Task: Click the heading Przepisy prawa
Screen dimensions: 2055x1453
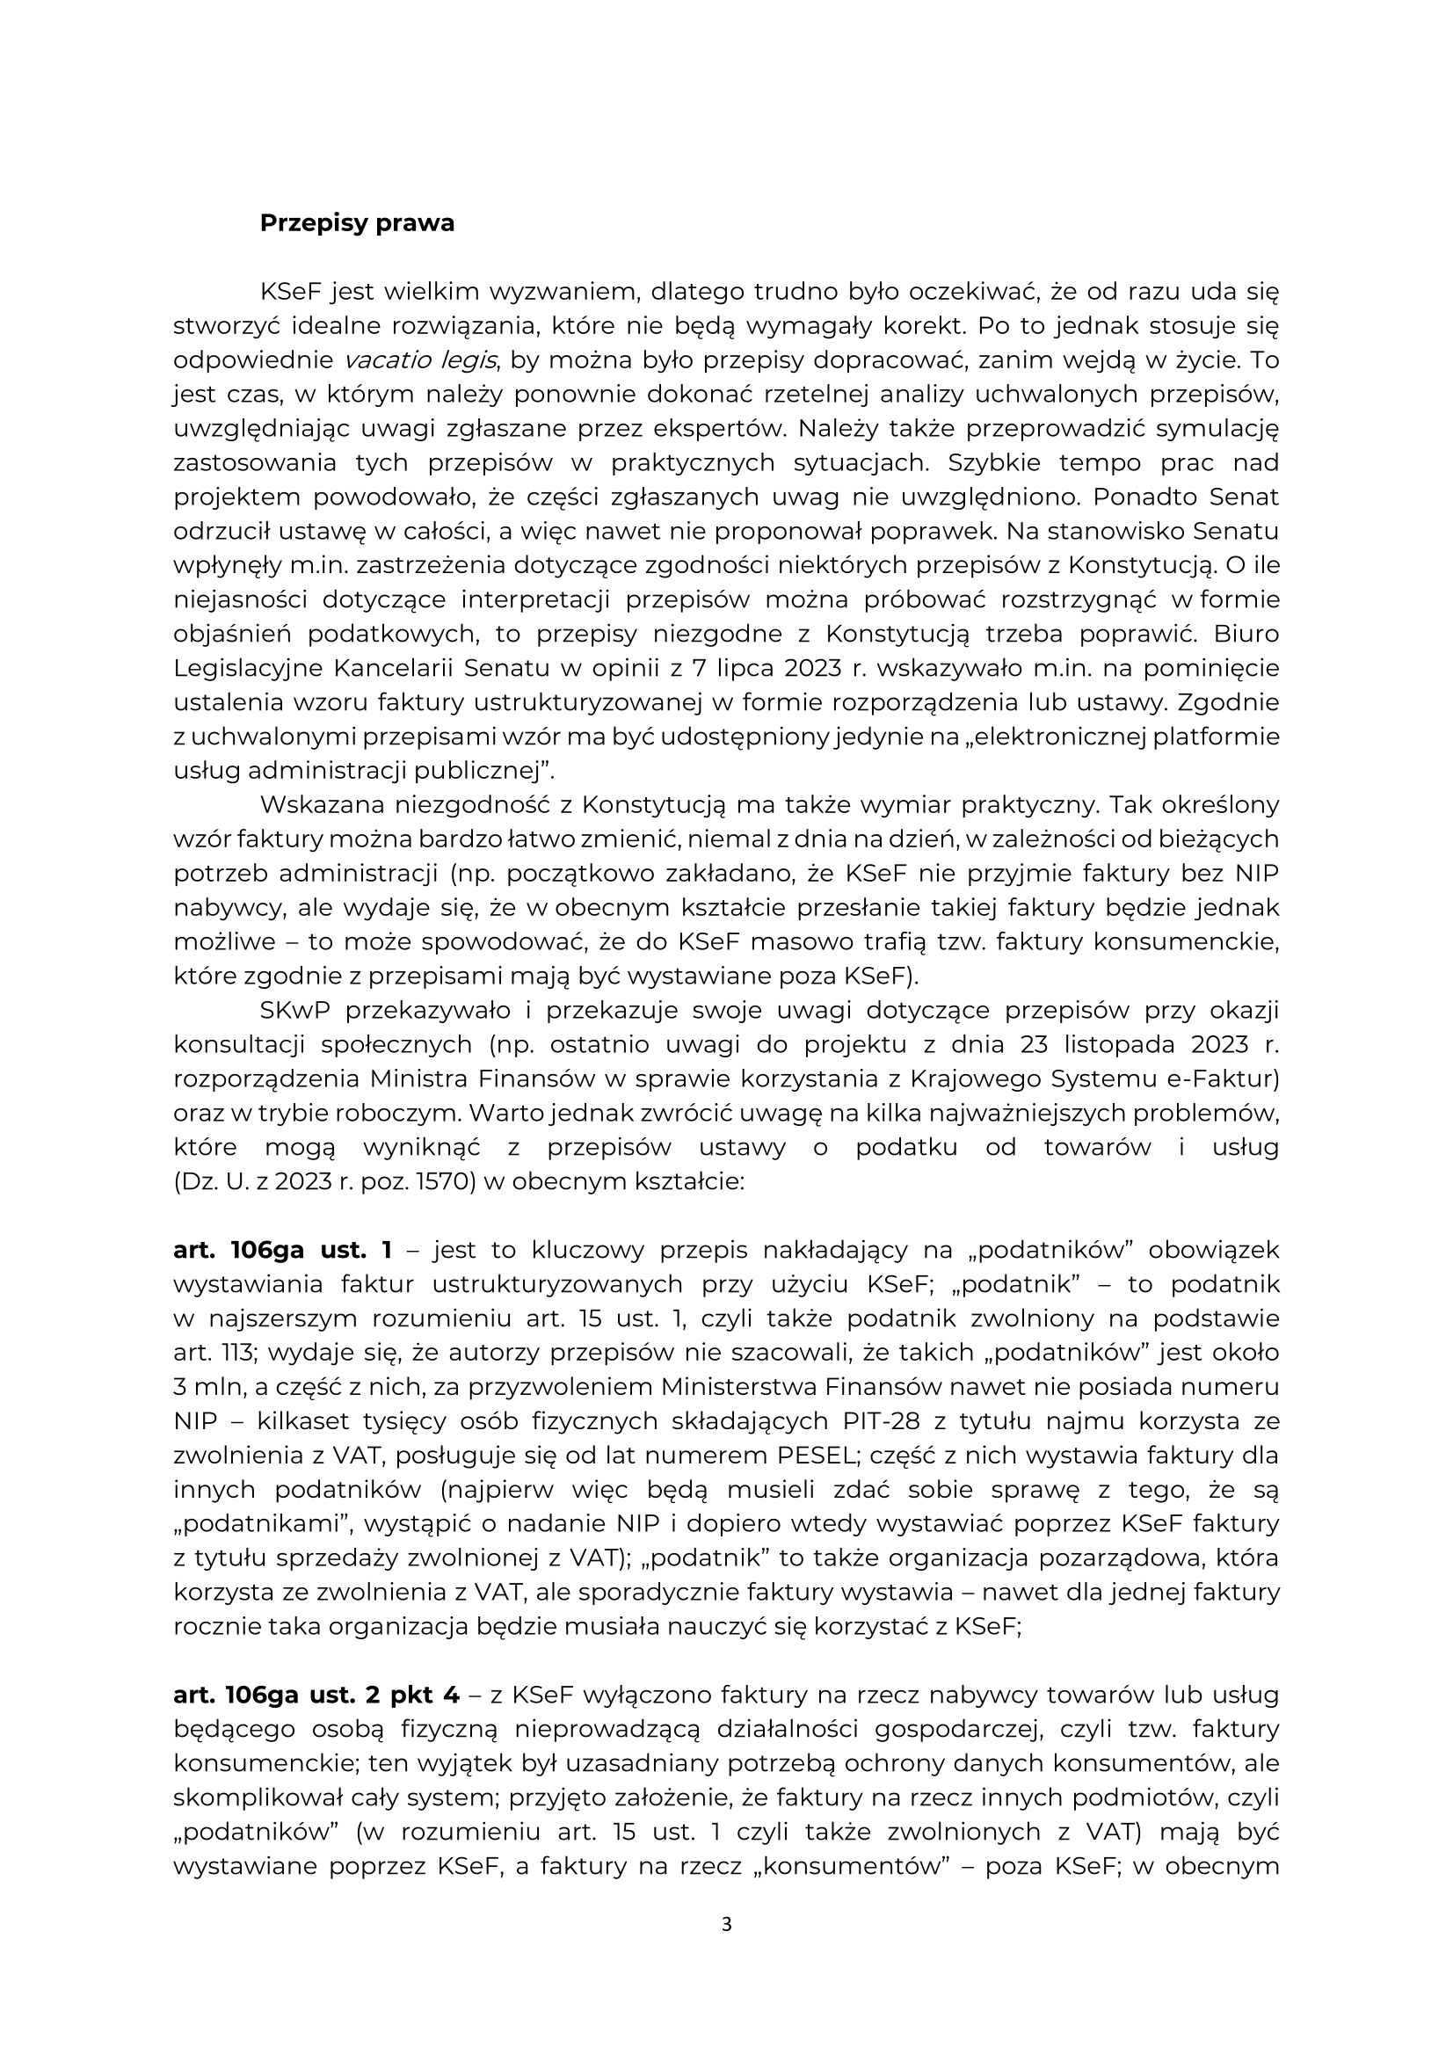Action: click(x=356, y=223)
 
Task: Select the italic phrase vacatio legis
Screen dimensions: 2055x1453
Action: click(x=420, y=359)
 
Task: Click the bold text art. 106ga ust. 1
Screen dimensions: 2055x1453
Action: click(x=282, y=1250)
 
